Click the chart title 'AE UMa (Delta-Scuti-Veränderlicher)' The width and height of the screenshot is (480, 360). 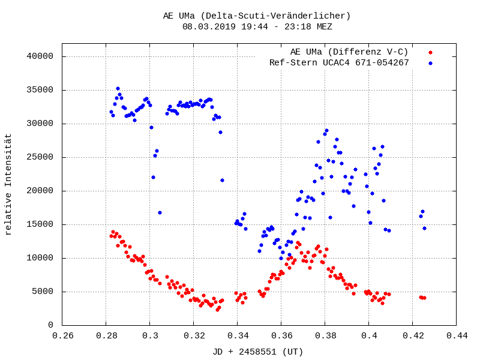pos(257,16)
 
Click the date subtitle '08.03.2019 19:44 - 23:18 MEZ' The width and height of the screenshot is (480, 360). pos(257,26)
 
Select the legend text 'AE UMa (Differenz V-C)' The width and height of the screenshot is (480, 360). pos(349,52)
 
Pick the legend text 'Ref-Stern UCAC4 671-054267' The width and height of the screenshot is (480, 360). pos(339,62)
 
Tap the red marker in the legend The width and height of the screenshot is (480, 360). pos(430,52)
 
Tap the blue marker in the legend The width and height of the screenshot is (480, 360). pos(430,63)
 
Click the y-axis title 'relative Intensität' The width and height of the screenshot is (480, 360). pos(8,184)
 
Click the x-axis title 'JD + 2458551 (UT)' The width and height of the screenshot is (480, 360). pos(258,352)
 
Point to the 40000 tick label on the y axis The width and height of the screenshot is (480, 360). pos(41,56)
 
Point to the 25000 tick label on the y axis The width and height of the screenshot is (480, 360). pos(41,157)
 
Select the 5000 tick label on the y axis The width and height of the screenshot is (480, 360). pos(44,292)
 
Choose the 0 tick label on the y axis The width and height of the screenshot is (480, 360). pos(51,325)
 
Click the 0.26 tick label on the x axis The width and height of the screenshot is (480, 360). pos(62,336)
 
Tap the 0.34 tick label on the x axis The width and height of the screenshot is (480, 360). pos(238,336)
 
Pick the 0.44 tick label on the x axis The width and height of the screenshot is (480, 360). pos(456,336)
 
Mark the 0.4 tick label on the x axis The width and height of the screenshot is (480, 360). pos(369,336)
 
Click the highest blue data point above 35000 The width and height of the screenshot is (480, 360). pos(118,88)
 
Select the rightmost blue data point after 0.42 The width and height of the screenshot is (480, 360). pos(424,228)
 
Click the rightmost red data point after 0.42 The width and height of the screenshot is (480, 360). pos(424,298)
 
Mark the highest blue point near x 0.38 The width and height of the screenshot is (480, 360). pos(326,130)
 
